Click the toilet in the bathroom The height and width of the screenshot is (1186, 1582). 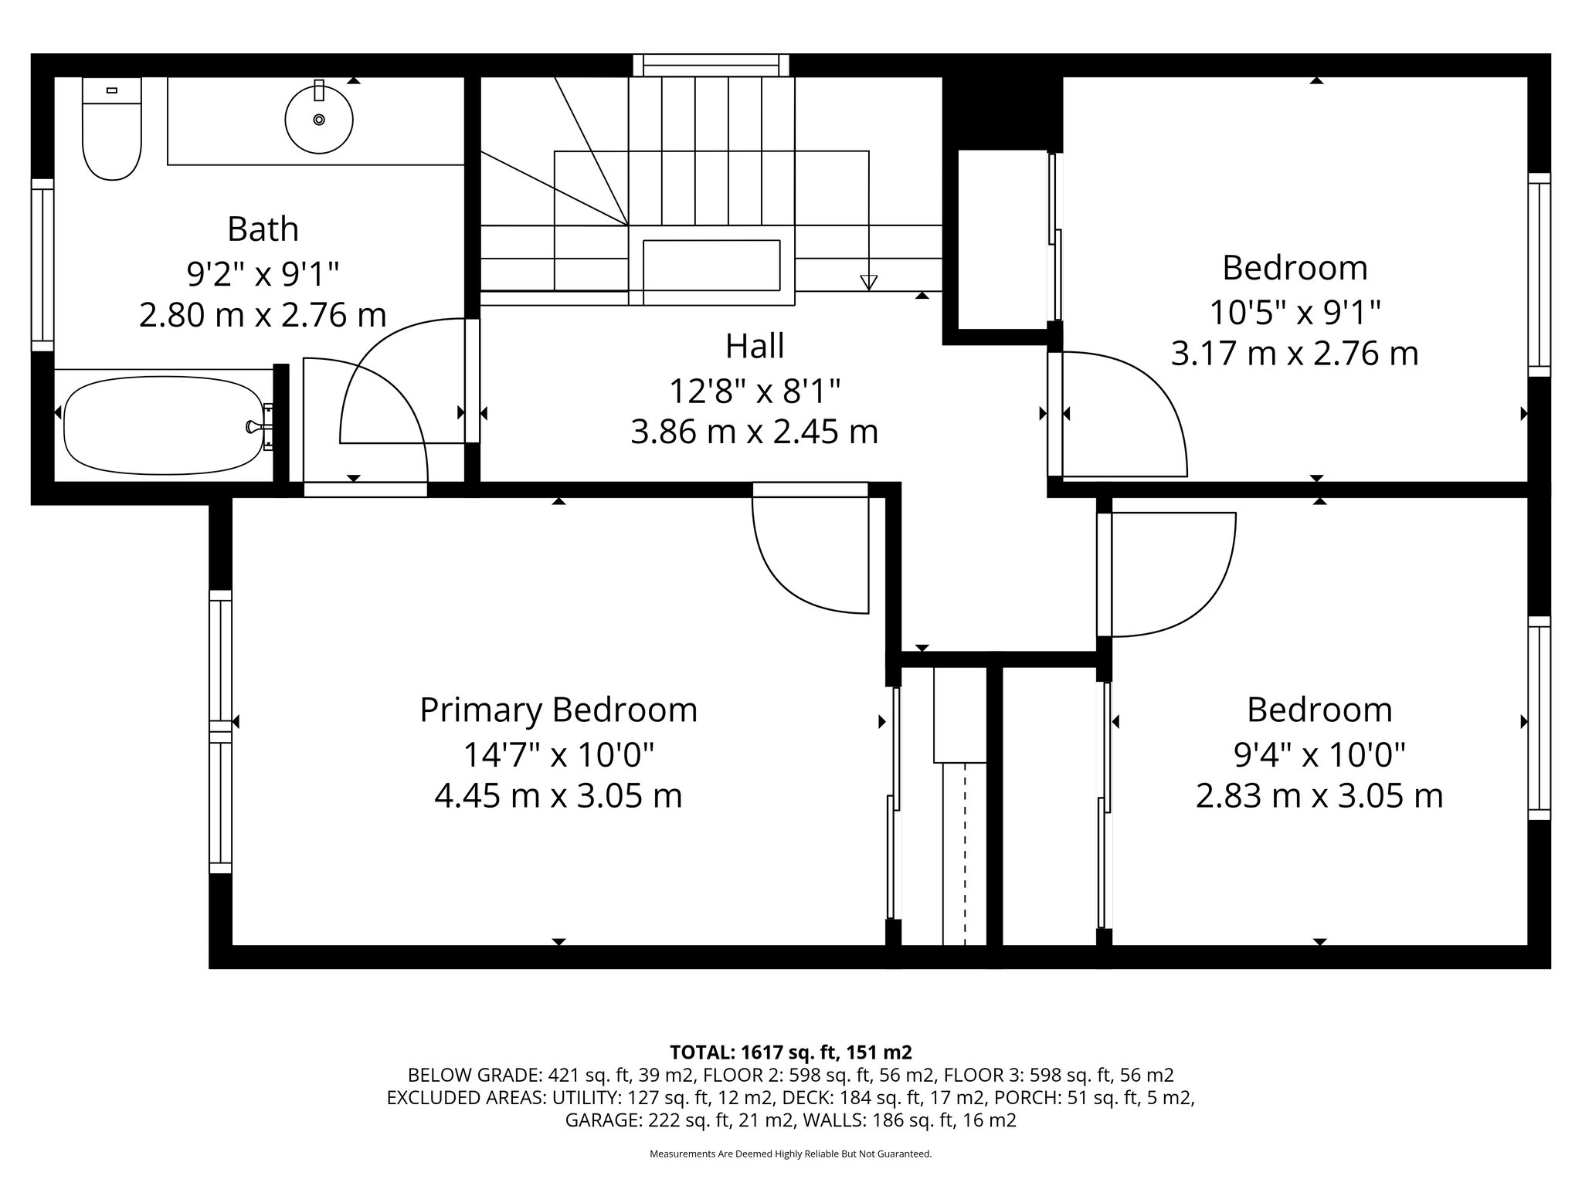pos(112,129)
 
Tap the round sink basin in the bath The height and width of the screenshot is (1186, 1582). pos(319,120)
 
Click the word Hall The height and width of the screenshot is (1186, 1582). pos(755,346)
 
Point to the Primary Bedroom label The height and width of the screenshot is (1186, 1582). pos(558,710)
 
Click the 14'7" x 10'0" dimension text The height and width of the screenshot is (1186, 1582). pos(558,754)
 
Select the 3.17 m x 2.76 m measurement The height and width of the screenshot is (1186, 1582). pos(1295,354)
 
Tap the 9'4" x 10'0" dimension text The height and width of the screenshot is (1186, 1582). pos(1319,754)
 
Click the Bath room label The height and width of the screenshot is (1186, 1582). pos(263,229)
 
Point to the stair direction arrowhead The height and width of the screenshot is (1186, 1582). pos(869,283)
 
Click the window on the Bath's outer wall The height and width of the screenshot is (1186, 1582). pos(42,265)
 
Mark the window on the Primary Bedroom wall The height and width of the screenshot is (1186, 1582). pos(221,731)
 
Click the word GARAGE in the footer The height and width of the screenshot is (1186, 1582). pos(600,1120)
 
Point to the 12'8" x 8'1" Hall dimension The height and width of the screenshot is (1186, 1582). pos(755,391)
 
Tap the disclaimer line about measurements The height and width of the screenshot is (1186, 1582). pos(791,1154)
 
